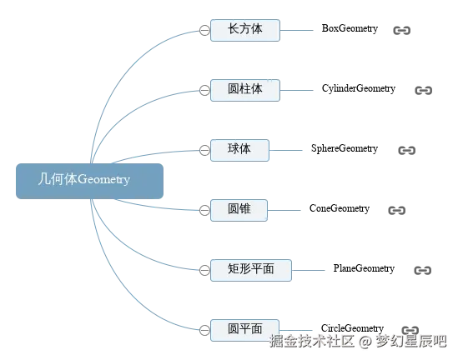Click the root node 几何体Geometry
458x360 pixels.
[89, 181]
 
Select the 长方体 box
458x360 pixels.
[245, 30]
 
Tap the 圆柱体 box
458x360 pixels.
[245, 91]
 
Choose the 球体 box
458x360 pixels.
[239, 150]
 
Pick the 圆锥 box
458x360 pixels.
[239, 210]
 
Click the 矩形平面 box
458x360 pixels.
[251, 271]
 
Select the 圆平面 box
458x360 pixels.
[244, 330]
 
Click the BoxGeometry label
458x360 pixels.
[350, 28]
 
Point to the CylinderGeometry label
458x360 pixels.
[359, 88]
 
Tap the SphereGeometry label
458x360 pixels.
[345, 148]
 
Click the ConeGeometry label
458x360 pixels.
[340, 208]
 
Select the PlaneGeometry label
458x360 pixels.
[364, 268]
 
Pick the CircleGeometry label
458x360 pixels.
[352, 328]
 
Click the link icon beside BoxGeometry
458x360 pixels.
[402, 30]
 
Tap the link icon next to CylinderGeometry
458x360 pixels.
[424, 91]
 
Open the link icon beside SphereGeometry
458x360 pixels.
[407, 151]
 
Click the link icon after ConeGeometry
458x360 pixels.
[397, 210]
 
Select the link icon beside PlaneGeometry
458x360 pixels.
[423, 271]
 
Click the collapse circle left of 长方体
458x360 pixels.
[204, 30]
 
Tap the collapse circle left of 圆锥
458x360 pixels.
[204, 210]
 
